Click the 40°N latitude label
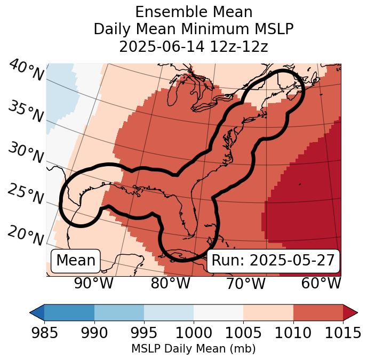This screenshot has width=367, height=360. click(26, 71)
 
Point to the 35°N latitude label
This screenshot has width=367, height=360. click(26, 111)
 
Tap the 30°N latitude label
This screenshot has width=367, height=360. click(26, 153)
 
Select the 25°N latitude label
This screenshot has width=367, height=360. click(26, 194)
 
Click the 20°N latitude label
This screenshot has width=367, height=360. click(26, 235)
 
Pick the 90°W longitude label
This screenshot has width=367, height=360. click(94, 284)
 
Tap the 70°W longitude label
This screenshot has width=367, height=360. click(246, 284)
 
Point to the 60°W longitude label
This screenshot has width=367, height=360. click(321, 284)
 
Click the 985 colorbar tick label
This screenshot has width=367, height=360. click(44, 333)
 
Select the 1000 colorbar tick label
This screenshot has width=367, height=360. click(194, 333)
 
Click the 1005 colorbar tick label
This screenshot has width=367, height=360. click(243, 333)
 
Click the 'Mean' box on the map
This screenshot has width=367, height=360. click(76, 261)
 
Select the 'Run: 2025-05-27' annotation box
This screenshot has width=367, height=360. click(273, 261)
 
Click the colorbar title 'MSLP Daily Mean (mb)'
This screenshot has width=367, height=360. click(193, 349)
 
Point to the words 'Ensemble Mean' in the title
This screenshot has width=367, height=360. click(193, 12)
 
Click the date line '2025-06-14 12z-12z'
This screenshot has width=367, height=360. click(193, 46)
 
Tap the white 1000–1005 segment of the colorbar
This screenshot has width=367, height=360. click(218, 312)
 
